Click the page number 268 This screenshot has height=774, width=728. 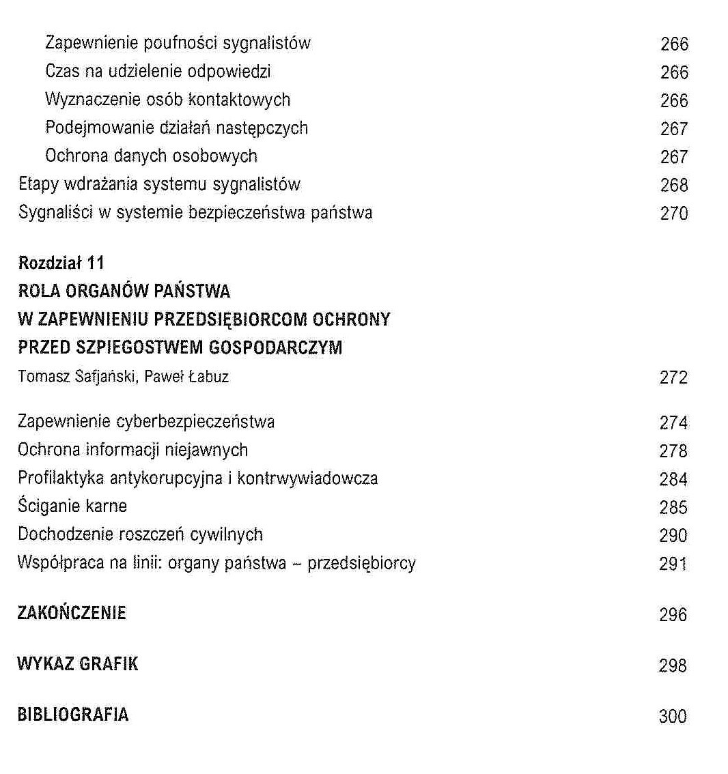point(674,186)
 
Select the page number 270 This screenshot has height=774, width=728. point(674,214)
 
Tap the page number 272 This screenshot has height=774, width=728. point(673,377)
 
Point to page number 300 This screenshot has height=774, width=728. point(673,717)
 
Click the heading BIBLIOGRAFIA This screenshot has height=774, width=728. point(73,715)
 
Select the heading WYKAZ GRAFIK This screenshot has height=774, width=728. point(77,664)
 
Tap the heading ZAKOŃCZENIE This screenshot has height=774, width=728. point(72,613)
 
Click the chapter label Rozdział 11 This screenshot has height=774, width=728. point(61,263)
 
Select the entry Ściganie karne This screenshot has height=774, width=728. point(72,506)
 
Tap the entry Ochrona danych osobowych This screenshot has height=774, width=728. point(151,156)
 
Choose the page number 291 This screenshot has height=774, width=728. point(673,564)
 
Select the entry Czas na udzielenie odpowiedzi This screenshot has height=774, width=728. point(158,71)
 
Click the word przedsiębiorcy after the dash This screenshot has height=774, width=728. point(361,564)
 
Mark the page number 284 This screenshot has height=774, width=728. point(673,479)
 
